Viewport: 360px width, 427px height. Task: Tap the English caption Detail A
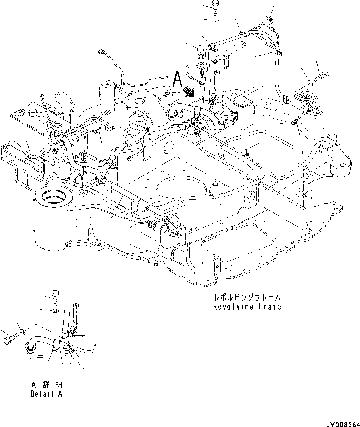[46, 394]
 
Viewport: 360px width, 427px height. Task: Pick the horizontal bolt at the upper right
[322, 76]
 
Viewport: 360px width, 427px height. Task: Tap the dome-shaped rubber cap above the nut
[200, 47]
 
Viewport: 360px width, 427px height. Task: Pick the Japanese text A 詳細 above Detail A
[46, 385]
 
